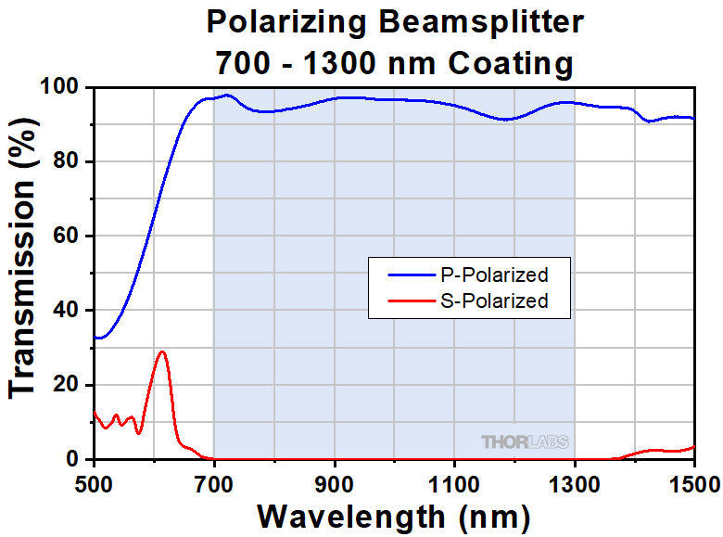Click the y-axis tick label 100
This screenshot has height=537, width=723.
63,88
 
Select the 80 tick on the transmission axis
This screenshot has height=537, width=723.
70,162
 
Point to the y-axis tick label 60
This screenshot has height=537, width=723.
70,237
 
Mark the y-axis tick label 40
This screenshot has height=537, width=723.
70,311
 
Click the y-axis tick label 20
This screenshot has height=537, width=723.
70,385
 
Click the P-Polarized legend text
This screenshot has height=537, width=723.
493,275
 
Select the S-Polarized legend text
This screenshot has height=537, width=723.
493,300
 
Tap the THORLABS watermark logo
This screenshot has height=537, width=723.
525,442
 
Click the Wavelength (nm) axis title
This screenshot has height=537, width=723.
394,515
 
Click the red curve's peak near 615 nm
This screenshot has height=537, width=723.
163,352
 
